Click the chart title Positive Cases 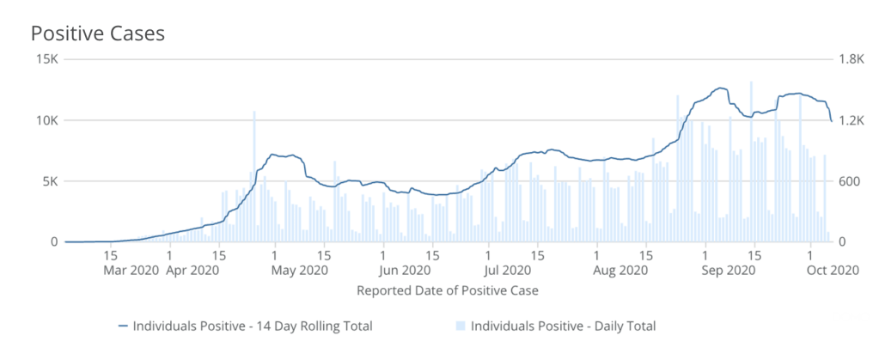click(x=97, y=34)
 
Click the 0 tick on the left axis click(x=52, y=242)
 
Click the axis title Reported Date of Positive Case click(x=447, y=290)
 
